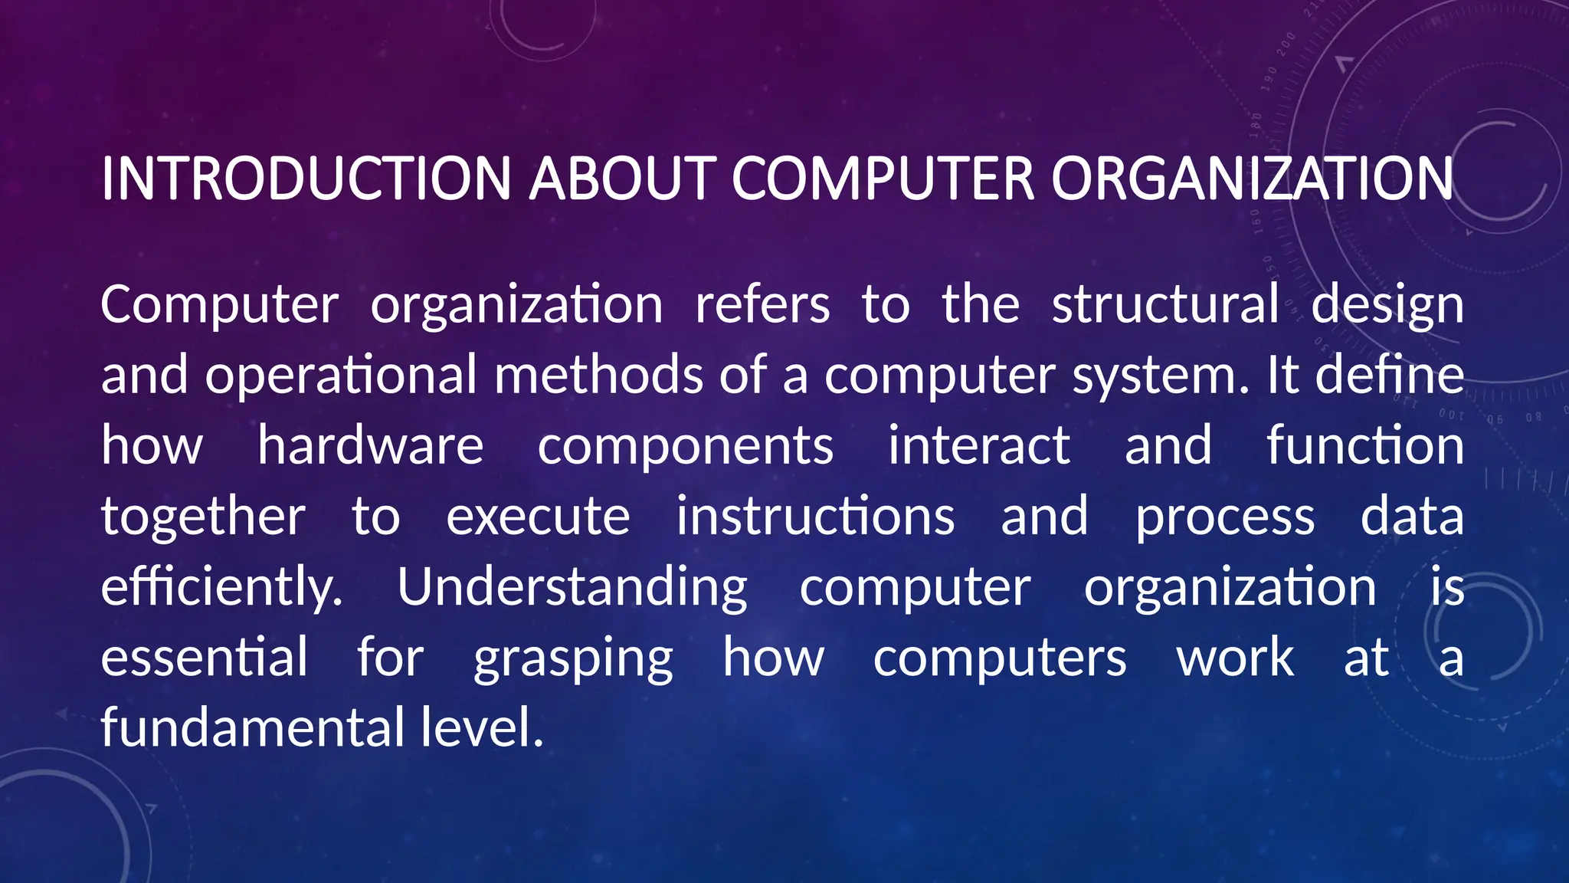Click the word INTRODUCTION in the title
[306, 179]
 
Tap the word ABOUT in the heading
[622, 179]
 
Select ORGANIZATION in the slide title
[1251, 179]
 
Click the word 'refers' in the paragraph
[762, 304]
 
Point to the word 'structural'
[1164, 304]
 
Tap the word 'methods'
[598, 375]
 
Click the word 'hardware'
[370, 445]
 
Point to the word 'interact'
[978, 445]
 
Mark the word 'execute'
[538, 517]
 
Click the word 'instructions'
[815, 516]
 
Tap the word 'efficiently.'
[221, 587]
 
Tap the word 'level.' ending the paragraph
[482, 727]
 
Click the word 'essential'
[204, 658]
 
